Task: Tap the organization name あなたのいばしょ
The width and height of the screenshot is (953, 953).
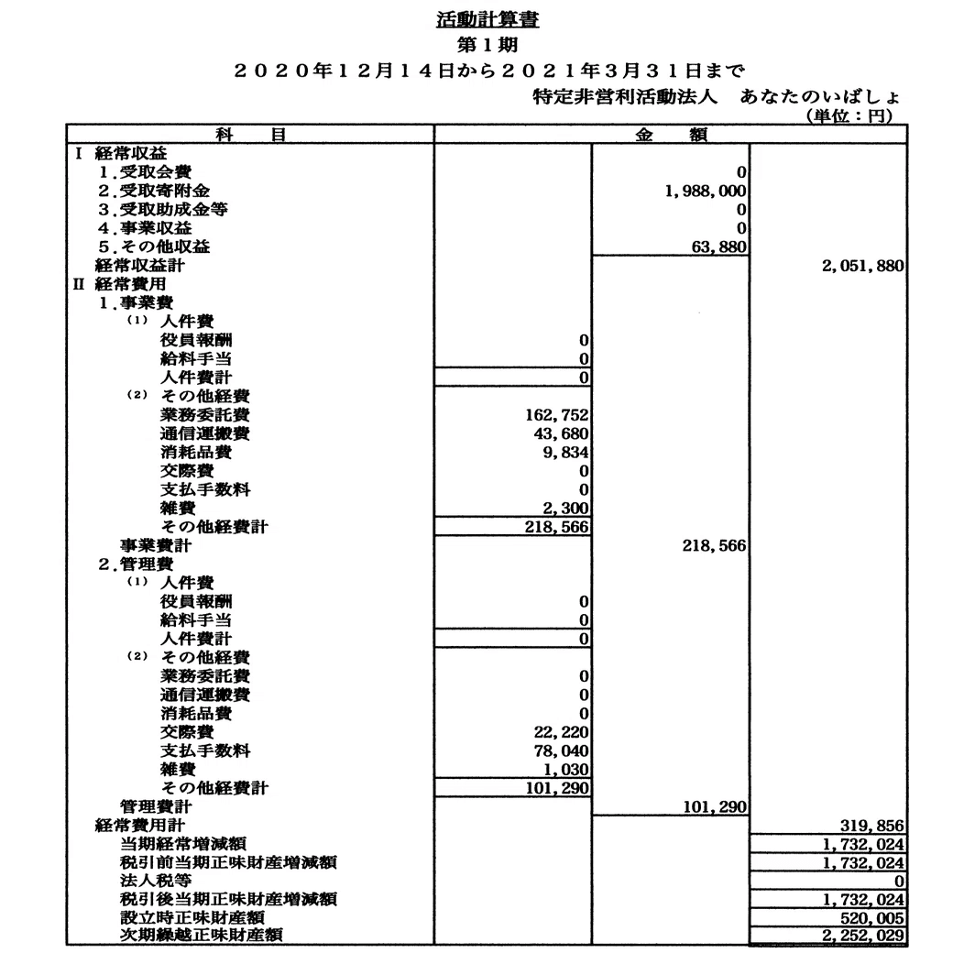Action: point(822,95)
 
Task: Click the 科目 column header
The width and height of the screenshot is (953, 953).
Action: point(249,135)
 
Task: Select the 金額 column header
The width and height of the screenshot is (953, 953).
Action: point(670,135)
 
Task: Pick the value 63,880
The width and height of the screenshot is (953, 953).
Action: point(718,246)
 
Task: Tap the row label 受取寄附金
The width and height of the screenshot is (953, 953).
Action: point(161,191)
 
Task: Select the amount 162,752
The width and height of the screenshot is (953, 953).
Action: point(553,414)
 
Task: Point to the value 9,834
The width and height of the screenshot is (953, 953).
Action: point(563,452)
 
